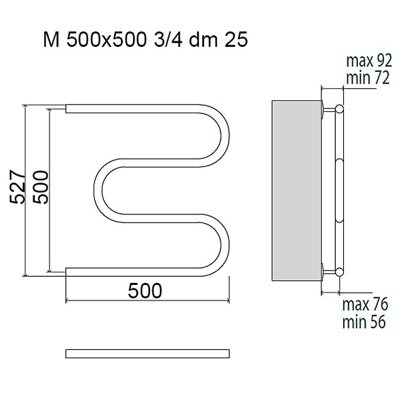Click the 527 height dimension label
pos(18,187)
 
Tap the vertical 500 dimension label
pos(41,187)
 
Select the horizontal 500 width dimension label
pos(145,291)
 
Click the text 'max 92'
pos(369,61)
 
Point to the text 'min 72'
pos(368,77)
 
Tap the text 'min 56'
pos(364,322)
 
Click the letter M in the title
pos(52,40)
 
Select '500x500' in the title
pos(105,40)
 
